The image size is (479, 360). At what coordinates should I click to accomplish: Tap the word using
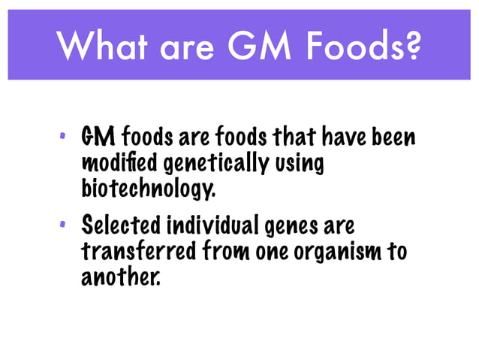pos(296,164)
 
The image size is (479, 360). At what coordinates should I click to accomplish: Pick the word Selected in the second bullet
pos(120,225)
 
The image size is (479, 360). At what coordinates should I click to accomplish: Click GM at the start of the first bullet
pos(98,138)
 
